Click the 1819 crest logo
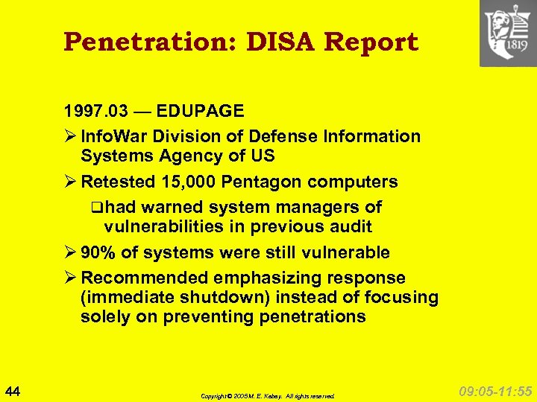[x=507, y=33]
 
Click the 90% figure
[x=98, y=253]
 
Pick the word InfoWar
[x=110, y=137]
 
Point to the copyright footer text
[x=268, y=396]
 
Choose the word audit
[x=349, y=227]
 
